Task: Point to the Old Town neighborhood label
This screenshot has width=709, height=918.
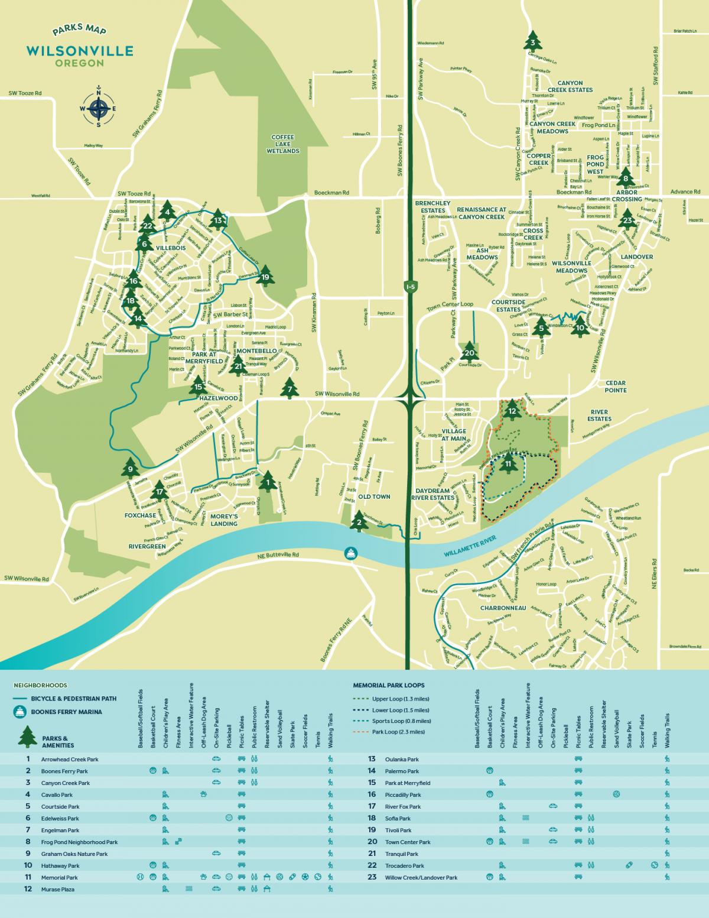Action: click(373, 497)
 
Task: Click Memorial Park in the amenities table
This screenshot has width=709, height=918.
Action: click(59, 877)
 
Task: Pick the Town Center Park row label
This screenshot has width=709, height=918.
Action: click(407, 842)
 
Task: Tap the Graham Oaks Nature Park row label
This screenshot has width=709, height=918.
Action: click(74, 854)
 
